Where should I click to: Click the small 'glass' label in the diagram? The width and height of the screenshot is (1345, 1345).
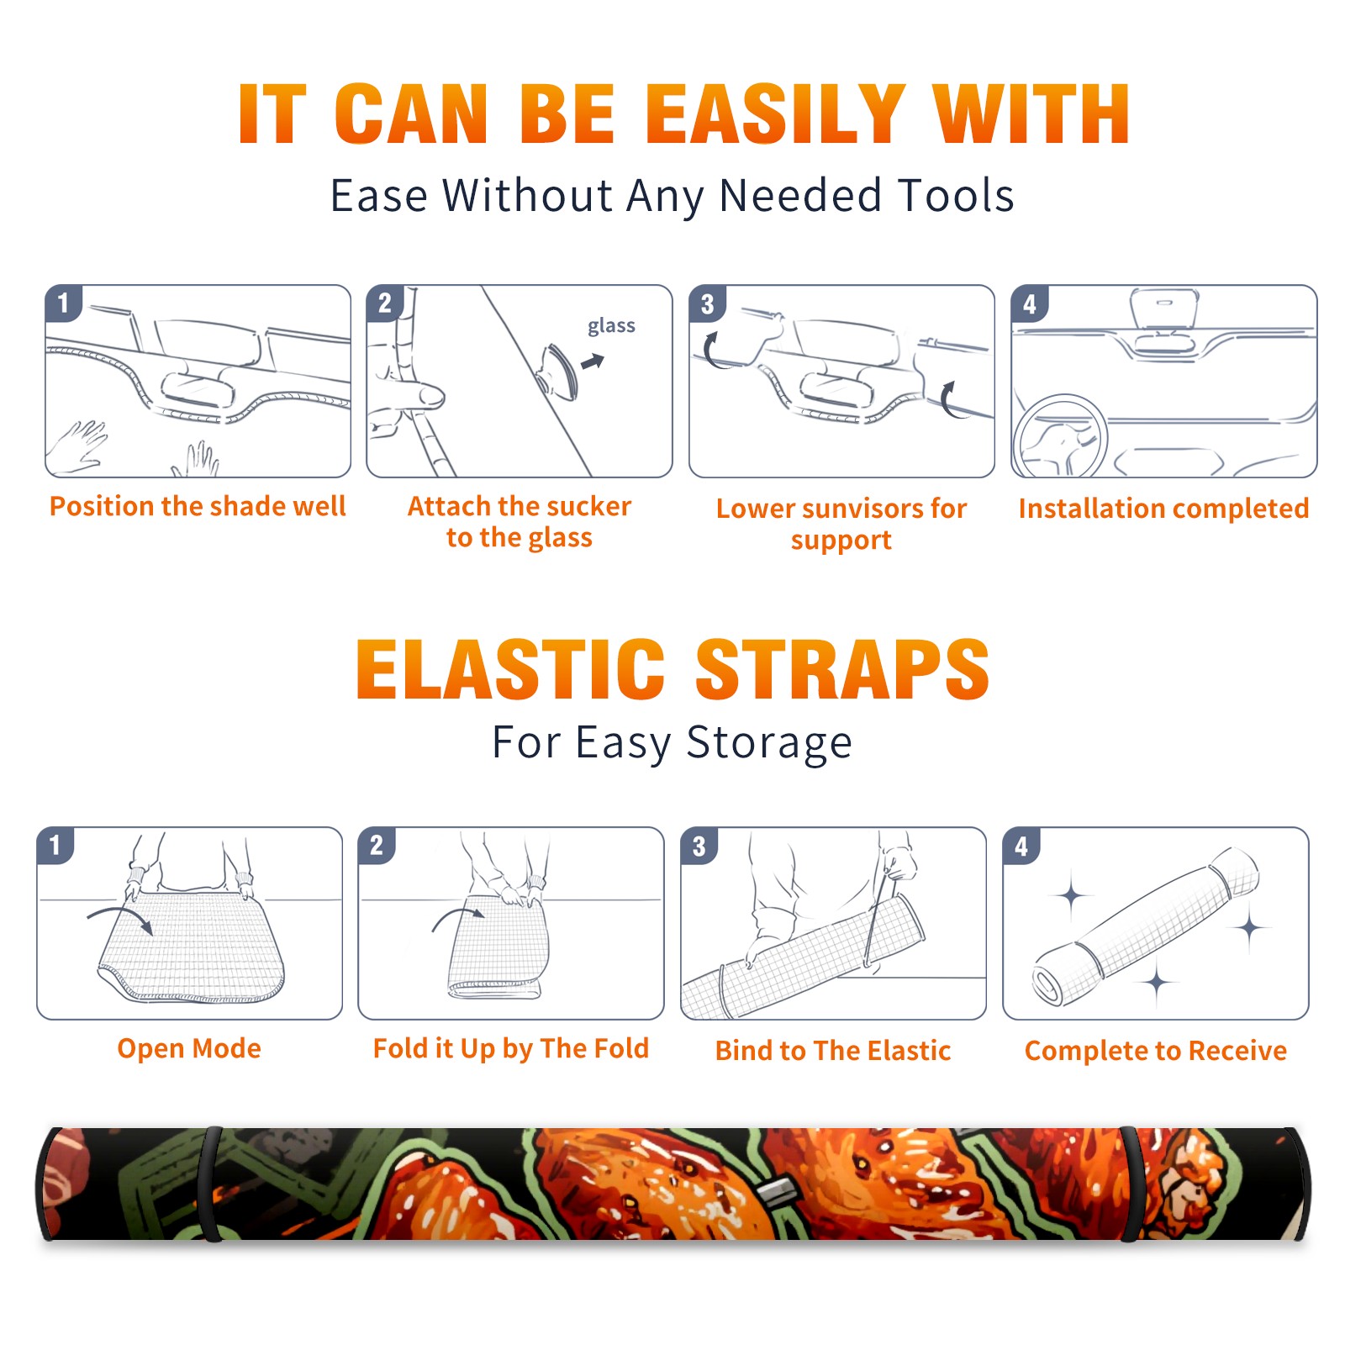[x=611, y=326]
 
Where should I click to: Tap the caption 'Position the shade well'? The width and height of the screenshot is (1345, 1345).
[x=198, y=506]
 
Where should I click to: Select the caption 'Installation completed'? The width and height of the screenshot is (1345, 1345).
[x=1163, y=509]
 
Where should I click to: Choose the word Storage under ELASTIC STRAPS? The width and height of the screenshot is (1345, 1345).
[x=769, y=743]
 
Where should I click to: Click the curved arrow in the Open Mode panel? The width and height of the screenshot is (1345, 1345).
[x=120, y=918]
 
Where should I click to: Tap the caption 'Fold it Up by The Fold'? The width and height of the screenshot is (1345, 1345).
[x=511, y=1048]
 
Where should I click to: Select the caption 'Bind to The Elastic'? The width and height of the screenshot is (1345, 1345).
[x=833, y=1051]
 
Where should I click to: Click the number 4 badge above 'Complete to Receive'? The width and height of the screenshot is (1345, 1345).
[x=1021, y=846]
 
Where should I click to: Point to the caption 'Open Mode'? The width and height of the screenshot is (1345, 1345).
[x=189, y=1048]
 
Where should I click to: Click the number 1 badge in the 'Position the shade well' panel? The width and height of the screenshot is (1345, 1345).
[x=64, y=303]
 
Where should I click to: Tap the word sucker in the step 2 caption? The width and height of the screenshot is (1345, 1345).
[x=588, y=506]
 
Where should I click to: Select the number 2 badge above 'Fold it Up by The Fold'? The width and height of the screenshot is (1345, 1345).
[x=377, y=845]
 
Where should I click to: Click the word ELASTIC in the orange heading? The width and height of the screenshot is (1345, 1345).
[x=510, y=669]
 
